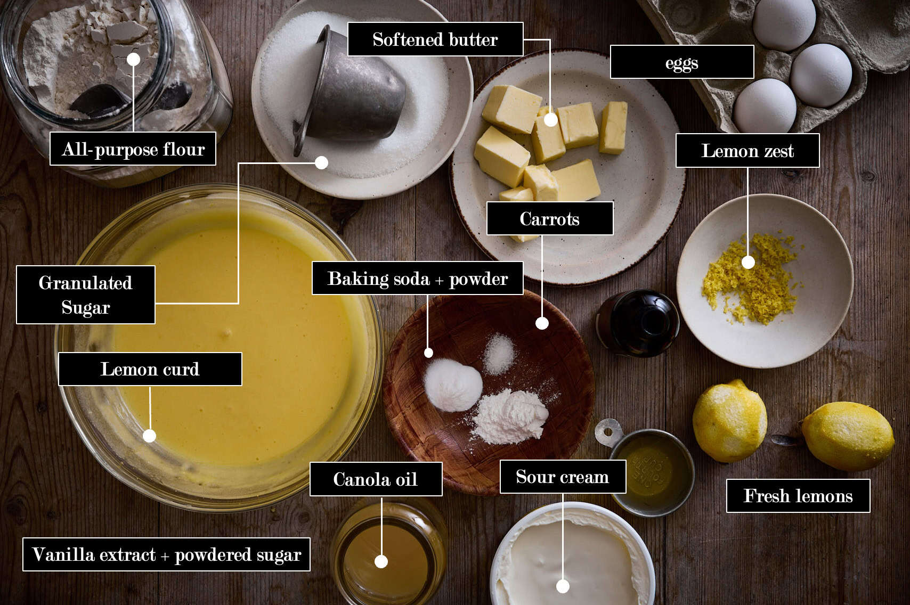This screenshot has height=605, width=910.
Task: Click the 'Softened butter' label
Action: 435,39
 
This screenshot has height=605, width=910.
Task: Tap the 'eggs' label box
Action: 681,62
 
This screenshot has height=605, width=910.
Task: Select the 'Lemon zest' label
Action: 747,150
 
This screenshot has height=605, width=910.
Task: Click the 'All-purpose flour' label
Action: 133,149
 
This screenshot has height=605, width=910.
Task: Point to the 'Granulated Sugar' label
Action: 86,295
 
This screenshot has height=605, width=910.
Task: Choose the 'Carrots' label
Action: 550,218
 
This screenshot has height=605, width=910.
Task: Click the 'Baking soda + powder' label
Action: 417,278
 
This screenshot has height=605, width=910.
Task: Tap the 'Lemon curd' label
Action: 150,369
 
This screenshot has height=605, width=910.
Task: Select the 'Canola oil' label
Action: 376,479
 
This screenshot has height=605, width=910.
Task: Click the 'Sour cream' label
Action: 563,477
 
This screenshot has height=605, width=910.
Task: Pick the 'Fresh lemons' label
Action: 798,496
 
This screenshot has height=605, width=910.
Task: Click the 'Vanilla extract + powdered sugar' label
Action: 166,554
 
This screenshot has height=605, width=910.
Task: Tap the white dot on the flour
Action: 133,59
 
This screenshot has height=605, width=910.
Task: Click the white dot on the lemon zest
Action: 749,263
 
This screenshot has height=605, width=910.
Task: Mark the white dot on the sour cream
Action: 563,586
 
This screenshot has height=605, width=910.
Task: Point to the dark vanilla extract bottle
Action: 637,323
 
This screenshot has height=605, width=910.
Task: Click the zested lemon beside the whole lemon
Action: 729,421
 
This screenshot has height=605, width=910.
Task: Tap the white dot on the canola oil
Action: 381,561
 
